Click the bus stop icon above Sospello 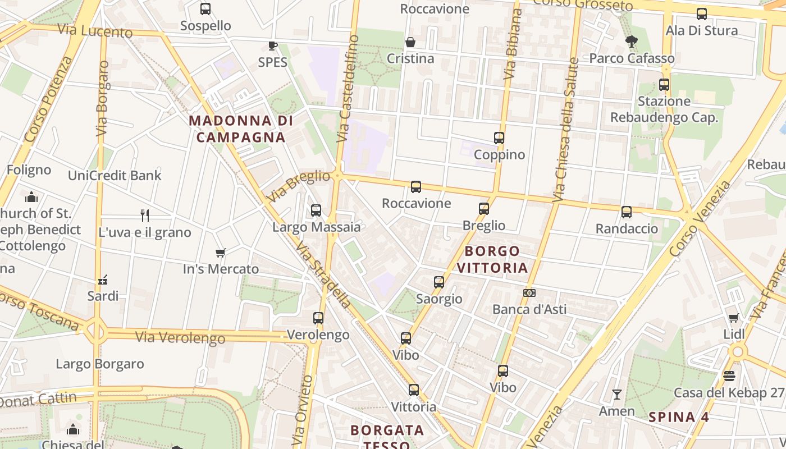[x=205, y=9]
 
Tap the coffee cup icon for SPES [x=272, y=45]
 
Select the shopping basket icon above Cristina [x=410, y=42]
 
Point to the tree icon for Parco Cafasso [x=632, y=42]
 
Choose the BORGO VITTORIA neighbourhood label [x=492, y=259]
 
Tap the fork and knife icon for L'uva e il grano [x=145, y=215]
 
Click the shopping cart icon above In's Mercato [x=221, y=253]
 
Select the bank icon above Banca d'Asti [x=529, y=293]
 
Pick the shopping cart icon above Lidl [x=733, y=318]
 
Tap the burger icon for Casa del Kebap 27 [x=729, y=375]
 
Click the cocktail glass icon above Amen [x=616, y=395]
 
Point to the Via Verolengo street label [x=180, y=337]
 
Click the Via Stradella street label [x=324, y=276]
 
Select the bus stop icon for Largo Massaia [x=316, y=210]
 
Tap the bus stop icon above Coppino [x=499, y=138]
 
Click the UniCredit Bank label [x=115, y=175]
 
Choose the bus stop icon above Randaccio [x=627, y=212]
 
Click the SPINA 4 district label [x=679, y=417]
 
